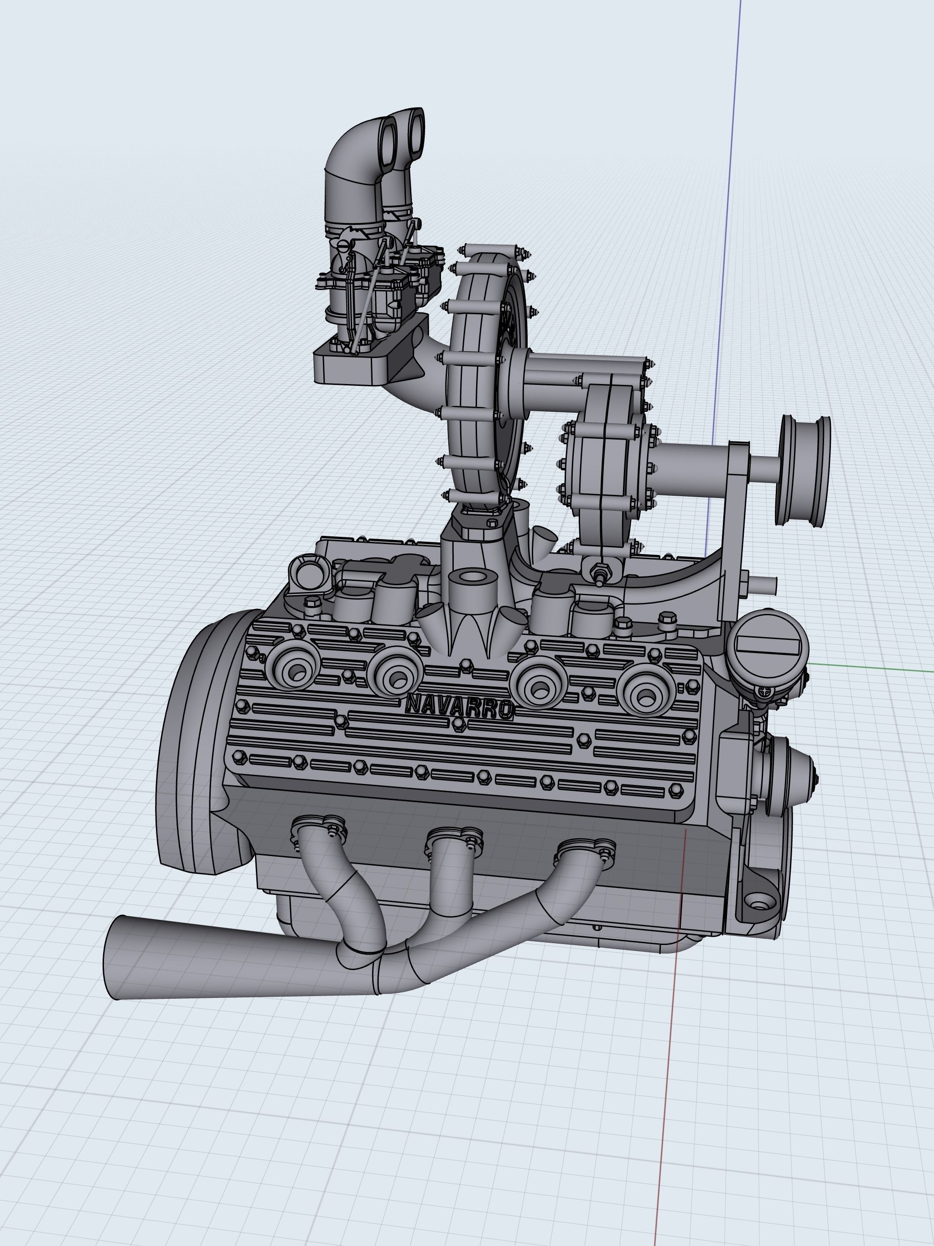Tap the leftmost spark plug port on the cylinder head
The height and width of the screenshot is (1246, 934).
pos(295,666)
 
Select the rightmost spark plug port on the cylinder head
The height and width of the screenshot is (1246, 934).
pos(646,693)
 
